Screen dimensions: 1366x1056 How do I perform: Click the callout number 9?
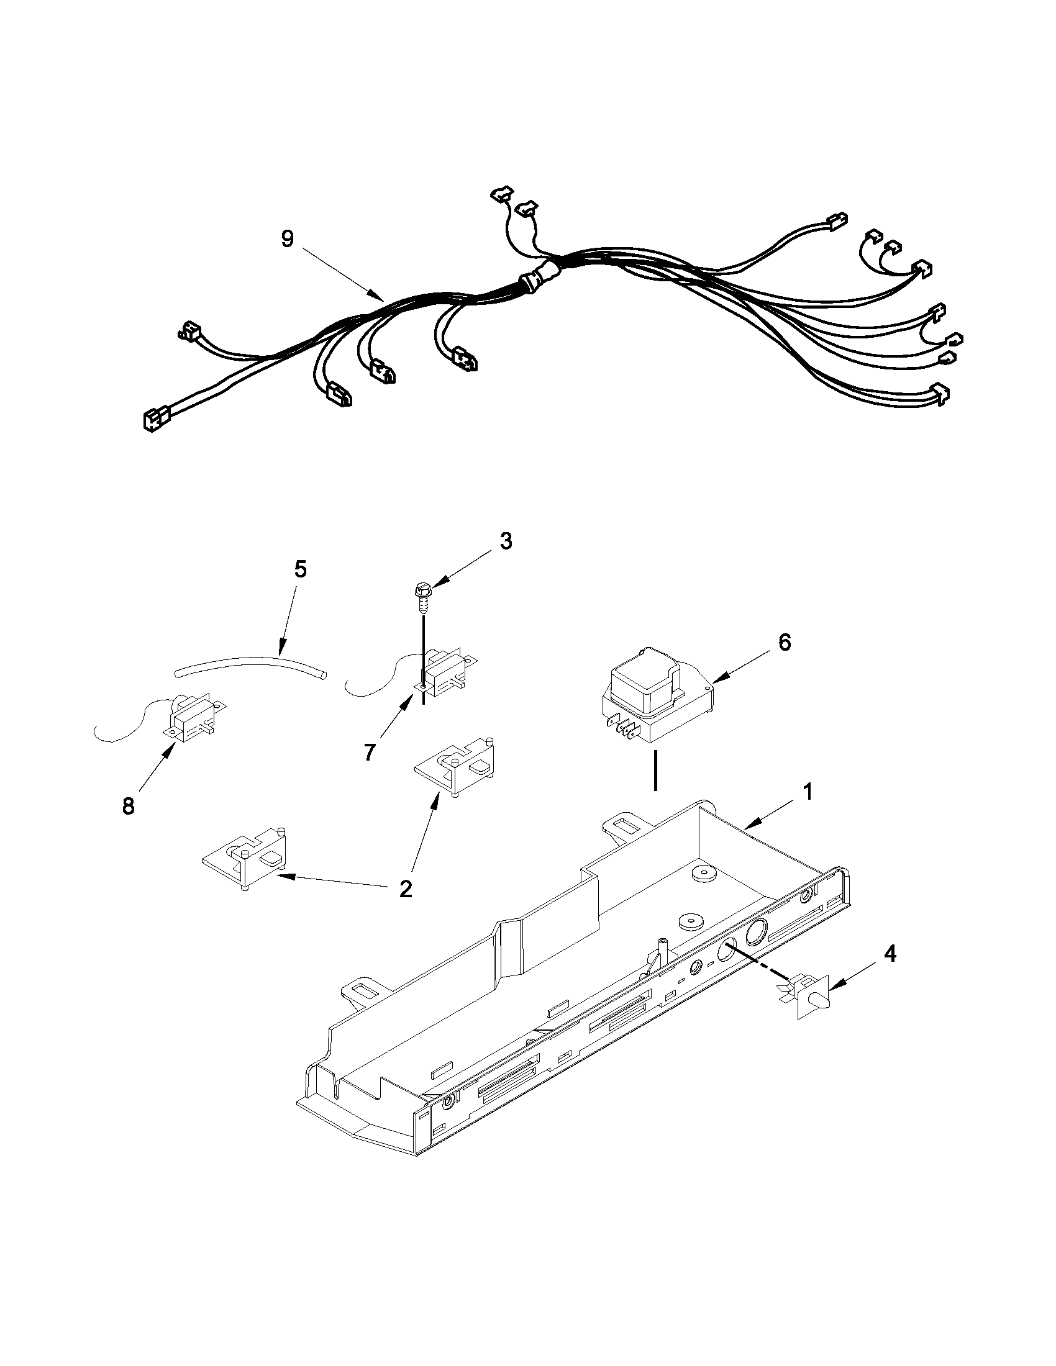point(287,239)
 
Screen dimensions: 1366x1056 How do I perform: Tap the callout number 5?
point(300,571)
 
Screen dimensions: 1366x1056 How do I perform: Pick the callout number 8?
point(128,807)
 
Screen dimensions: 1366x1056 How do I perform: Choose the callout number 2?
point(406,888)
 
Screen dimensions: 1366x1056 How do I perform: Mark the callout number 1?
point(808,792)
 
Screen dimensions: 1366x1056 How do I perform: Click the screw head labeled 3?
point(422,589)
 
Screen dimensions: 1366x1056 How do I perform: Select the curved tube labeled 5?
point(250,667)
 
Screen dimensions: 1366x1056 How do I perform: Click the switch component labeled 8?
point(191,719)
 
